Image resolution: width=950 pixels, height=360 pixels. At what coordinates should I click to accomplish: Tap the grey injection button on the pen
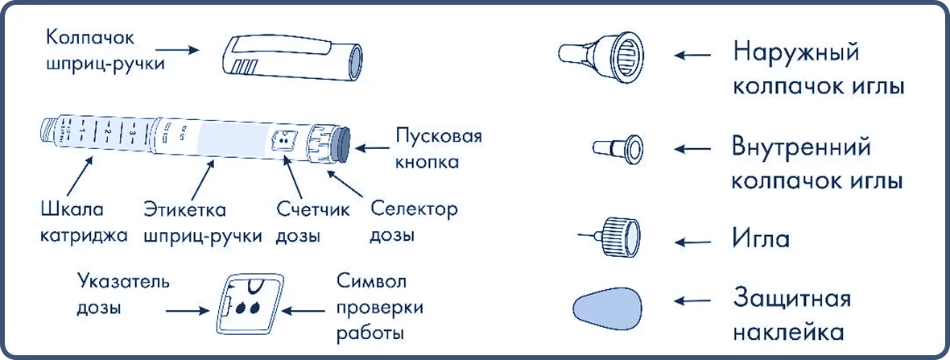(x=341, y=146)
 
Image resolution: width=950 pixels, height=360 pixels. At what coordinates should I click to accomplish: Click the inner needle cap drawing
(x=617, y=148)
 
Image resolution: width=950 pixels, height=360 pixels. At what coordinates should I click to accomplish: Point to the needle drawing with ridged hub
(x=611, y=236)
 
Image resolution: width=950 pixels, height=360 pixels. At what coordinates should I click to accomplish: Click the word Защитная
(x=792, y=300)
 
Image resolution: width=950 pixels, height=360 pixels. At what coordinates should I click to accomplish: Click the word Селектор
(x=414, y=211)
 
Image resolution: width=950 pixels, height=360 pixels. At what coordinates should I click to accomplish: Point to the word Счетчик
(x=313, y=211)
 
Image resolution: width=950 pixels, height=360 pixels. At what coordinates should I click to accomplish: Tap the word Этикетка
(x=185, y=211)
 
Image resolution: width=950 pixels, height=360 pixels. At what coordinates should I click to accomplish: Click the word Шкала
(x=72, y=211)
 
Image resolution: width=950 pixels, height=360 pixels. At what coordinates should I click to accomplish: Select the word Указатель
(x=123, y=283)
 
